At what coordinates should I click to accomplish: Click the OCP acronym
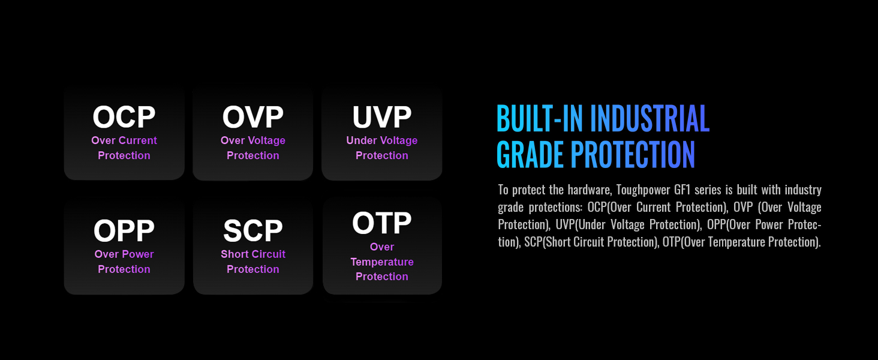tap(124, 117)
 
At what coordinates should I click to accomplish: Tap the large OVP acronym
tap(253, 117)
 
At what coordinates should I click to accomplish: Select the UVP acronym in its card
tap(382, 117)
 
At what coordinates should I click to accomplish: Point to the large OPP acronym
tap(124, 230)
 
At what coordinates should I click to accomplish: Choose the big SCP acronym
tap(253, 230)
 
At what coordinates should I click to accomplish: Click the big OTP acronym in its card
tap(382, 223)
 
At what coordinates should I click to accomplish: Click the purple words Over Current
tap(124, 140)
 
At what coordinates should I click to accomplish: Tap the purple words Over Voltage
tap(253, 140)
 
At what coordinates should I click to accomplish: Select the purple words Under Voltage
tap(382, 140)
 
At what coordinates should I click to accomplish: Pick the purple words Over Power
tap(124, 254)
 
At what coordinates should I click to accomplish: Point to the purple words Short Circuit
tap(253, 254)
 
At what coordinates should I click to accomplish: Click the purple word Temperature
tap(382, 262)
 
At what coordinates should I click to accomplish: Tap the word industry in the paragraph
tap(804, 190)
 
